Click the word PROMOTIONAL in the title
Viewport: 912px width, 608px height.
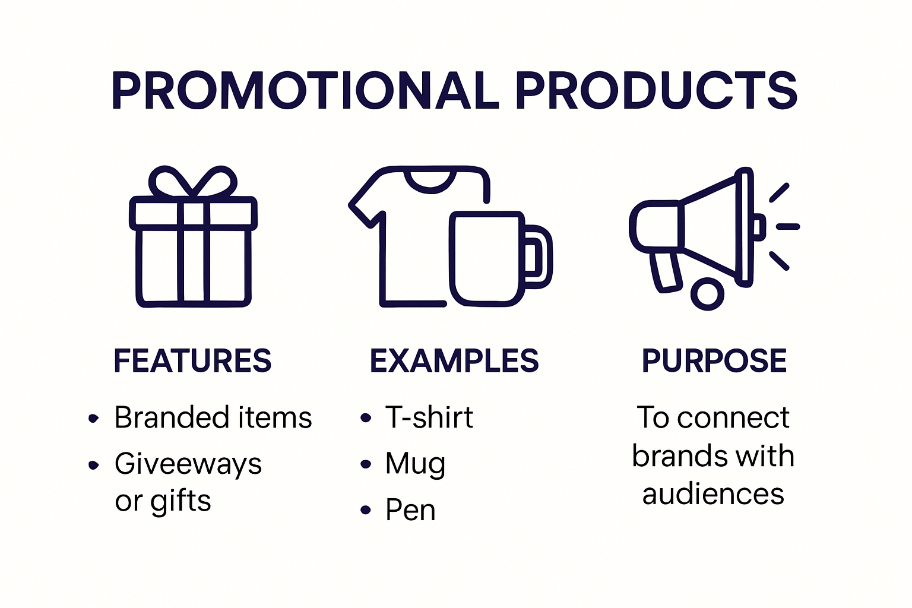[305, 91]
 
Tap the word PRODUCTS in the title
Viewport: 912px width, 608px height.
[656, 91]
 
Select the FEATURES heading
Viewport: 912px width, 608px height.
[192, 361]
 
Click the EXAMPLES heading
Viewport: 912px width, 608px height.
[454, 361]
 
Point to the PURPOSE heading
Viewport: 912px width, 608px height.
[714, 361]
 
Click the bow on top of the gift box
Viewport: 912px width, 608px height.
[192, 182]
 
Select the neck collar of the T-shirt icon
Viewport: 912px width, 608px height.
[431, 181]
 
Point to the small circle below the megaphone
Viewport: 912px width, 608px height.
[707, 293]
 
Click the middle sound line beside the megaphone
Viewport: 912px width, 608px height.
[788, 226]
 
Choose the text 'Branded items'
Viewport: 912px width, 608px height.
[213, 417]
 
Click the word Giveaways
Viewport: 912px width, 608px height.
[188, 464]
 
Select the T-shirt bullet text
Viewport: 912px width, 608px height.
[429, 417]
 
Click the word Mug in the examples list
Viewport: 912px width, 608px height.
[415, 464]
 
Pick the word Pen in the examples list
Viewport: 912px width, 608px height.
[410, 510]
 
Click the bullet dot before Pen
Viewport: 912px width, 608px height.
[366, 510]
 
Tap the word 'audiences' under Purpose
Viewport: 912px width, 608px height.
[713, 494]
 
